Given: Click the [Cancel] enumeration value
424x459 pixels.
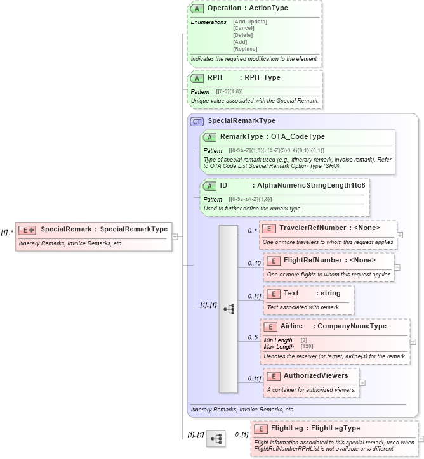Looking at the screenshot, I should [x=244, y=29].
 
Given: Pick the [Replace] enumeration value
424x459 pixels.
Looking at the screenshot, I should [x=245, y=49].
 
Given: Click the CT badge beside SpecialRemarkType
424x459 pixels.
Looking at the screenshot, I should [x=197, y=120].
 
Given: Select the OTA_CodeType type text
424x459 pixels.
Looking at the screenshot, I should [x=298, y=136].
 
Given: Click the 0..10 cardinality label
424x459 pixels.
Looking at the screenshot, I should [x=254, y=264].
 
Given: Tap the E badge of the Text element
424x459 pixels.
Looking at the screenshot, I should [x=272, y=294].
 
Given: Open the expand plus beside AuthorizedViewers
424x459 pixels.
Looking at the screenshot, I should [x=362, y=382].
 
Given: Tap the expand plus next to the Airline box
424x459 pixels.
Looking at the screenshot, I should [x=413, y=341].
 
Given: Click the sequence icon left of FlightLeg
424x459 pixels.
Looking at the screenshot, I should [x=216, y=438].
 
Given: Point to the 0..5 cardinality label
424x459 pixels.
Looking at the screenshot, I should [x=253, y=338].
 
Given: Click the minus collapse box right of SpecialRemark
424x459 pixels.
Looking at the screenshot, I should [x=175, y=236].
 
